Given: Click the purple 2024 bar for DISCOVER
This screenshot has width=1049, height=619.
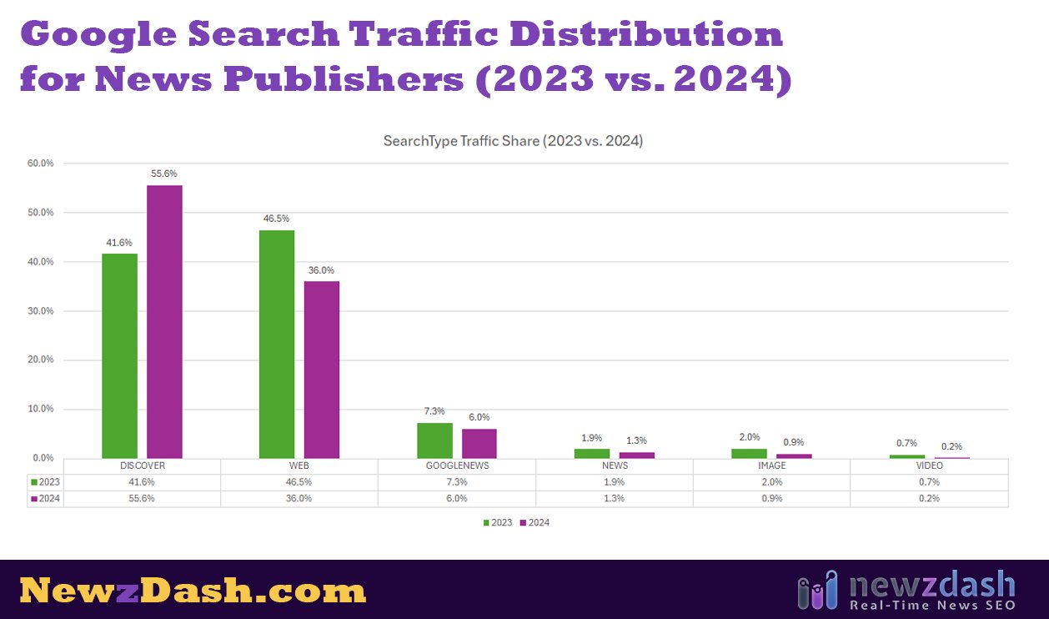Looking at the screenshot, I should tap(164, 321).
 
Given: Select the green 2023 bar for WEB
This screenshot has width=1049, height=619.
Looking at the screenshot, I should tap(277, 344).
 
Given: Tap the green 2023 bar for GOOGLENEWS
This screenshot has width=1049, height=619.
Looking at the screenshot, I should tap(434, 440).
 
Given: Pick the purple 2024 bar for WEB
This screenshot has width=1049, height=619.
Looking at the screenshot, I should tap(322, 370).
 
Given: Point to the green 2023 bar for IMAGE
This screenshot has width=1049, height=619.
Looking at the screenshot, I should tap(749, 453).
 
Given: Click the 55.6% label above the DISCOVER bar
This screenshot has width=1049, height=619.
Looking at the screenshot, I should tap(164, 174).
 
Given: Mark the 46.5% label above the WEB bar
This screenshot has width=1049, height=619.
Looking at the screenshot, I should tap(277, 219).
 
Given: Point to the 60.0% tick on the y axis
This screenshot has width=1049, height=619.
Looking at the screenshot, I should tap(40, 164).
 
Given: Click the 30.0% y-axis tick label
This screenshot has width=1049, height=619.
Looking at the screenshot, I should tap(40, 311).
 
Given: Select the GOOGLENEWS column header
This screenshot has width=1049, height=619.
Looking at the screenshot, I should tap(456, 466).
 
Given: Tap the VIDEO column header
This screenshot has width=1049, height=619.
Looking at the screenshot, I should tap(929, 466).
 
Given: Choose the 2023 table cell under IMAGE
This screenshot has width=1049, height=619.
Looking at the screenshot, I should tap(771, 482).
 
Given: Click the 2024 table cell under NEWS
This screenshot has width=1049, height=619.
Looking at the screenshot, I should tap(614, 498).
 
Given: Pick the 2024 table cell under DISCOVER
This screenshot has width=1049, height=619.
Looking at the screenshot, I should tap(142, 498).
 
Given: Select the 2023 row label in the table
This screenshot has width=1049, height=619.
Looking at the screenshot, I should tap(46, 482).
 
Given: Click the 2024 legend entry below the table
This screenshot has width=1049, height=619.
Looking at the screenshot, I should tap(535, 523).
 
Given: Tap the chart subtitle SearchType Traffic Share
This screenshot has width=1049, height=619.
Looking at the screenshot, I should tap(513, 141).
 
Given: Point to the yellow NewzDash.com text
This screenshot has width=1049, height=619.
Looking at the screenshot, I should tap(193, 591).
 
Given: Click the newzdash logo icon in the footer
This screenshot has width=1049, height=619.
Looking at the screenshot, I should tap(816, 590).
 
